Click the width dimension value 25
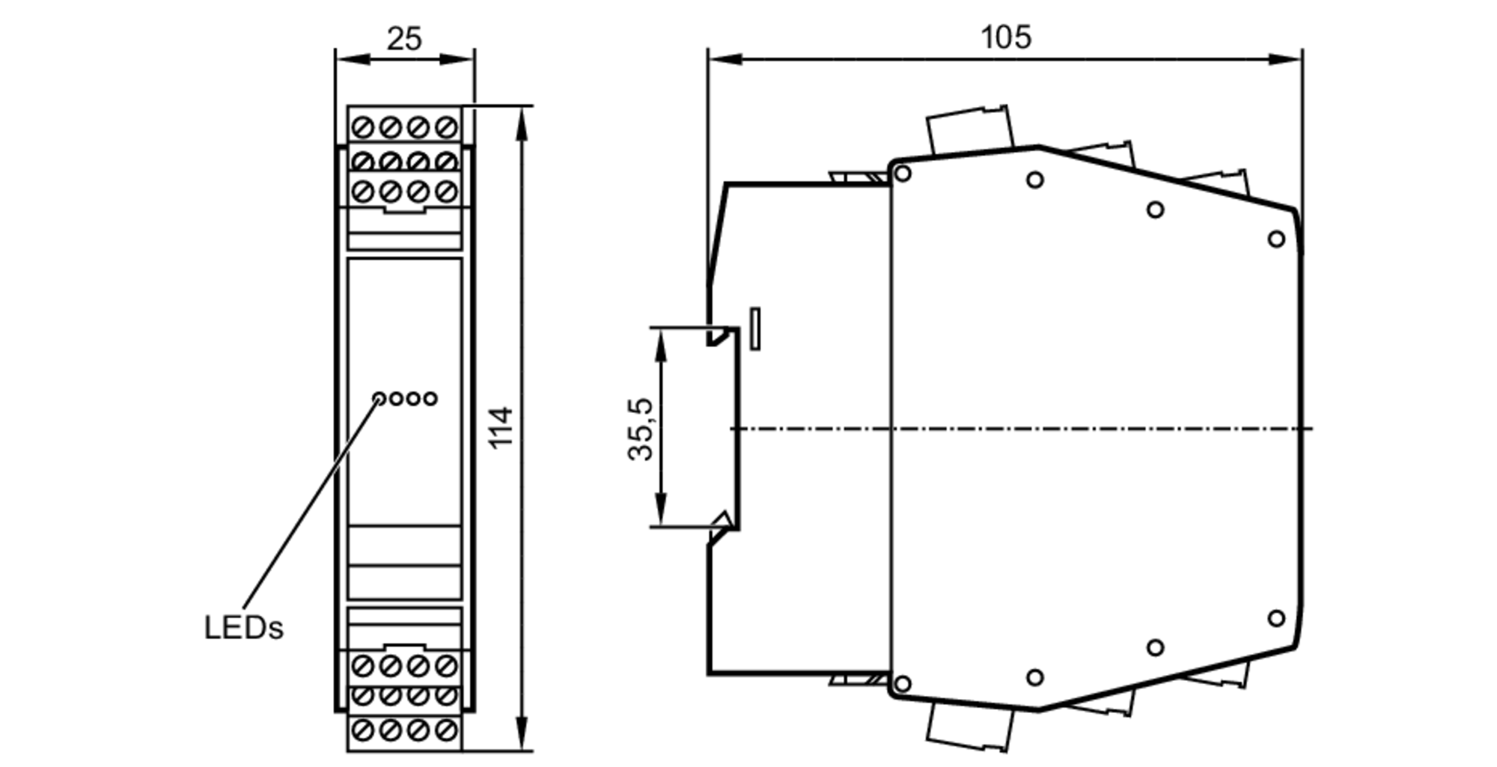point(404,39)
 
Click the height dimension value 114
point(501,427)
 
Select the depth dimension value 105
point(1005,37)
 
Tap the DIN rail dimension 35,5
point(641,429)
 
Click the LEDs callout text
point(244,629)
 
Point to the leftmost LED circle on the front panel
point(379,399)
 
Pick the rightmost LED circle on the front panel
point(430,399)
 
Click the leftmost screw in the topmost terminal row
point(363,128)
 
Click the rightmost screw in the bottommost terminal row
point(446,730)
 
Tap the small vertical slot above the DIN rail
point(755,329)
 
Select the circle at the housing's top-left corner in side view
point(903,174)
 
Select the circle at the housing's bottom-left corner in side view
point(903,683)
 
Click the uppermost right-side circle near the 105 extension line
point(1276,239)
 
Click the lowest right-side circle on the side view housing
point(1276,618)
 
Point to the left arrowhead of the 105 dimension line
point(722,58)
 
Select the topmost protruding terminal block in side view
point(970,132)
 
